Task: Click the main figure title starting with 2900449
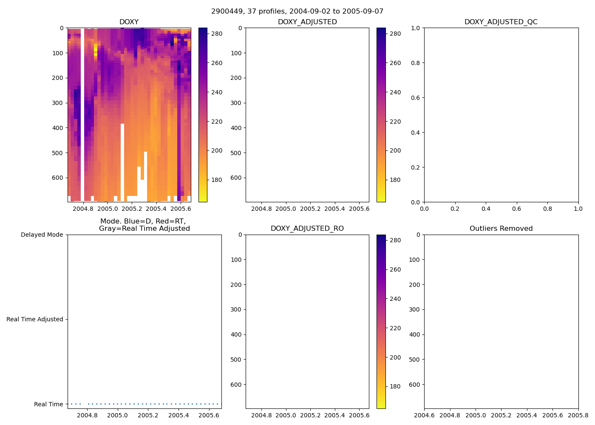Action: point(297,11)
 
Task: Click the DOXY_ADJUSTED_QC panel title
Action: point(501,22)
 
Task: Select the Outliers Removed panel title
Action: point(501,229)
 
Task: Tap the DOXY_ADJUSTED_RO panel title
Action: point(307,229)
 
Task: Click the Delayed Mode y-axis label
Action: point(42,235)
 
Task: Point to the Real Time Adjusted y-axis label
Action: point(34,319)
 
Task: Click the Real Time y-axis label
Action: point(48,404)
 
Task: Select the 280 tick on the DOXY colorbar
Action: point(217,34)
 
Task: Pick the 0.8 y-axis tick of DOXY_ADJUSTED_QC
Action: point(415,63)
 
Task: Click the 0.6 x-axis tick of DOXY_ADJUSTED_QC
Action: point(516,209)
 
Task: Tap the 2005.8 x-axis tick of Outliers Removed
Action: point(578,415)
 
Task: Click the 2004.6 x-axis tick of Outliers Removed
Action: point(424,415)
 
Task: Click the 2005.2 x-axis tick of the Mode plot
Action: point(148,415)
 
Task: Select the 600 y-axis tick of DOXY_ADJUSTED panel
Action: point(236,178)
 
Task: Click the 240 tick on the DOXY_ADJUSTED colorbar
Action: point(395,92)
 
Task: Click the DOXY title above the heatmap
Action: point(129,22)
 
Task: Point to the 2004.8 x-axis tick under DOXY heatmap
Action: point(83,209)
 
